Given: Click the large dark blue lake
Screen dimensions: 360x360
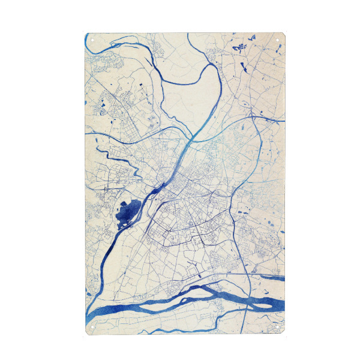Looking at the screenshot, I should click(x=128, y=211).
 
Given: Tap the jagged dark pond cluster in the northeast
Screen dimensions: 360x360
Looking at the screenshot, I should click(x=242, y=47).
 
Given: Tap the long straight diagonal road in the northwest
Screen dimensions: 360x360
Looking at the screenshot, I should click(x=120, y=108).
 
